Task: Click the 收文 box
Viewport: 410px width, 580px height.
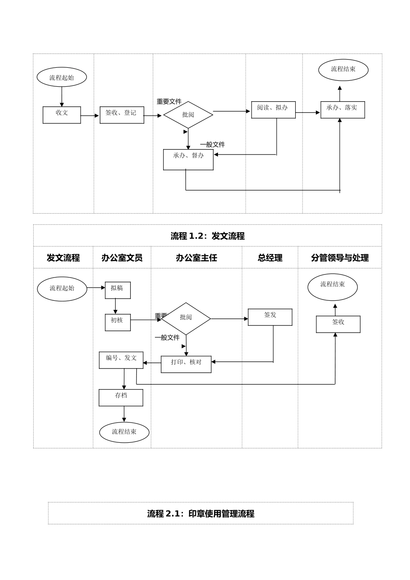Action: (x=62, y=115)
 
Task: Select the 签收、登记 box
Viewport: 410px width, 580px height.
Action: (x=122, y=115)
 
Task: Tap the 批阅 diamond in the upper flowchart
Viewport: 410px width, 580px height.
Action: (x=188, y=115)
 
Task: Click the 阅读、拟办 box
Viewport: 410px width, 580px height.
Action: (x=273, y=110)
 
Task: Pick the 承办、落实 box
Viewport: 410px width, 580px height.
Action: (x=342, y=110)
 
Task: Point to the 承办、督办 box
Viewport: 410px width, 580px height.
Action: (x=188, y=159)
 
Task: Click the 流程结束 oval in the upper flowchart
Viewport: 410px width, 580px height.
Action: (x=343, y=70)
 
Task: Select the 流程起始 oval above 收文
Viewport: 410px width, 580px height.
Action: (x=62, y=77)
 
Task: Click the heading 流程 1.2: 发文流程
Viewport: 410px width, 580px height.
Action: (x=207, y=236)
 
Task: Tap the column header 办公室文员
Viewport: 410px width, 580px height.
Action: (x=122, y=258)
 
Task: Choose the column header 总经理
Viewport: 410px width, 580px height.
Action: (x=270, y=258)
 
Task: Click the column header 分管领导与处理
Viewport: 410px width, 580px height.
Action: (x=340, y=258)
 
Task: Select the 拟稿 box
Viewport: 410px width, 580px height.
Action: (x=117, y=290)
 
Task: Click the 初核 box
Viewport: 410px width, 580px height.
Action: (x=117, y=322)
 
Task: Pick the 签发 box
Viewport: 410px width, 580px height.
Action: (x=270, y=317)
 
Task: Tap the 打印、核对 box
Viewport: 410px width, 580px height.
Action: (x=186, y=364)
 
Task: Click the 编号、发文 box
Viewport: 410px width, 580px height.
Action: (x=121, y=360)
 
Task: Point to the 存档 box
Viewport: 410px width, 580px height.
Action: (x=121, y=397)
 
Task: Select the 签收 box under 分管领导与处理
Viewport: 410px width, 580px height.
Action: (x=338, y=324)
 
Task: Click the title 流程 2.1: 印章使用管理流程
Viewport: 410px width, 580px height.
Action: (x=201, y=514)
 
